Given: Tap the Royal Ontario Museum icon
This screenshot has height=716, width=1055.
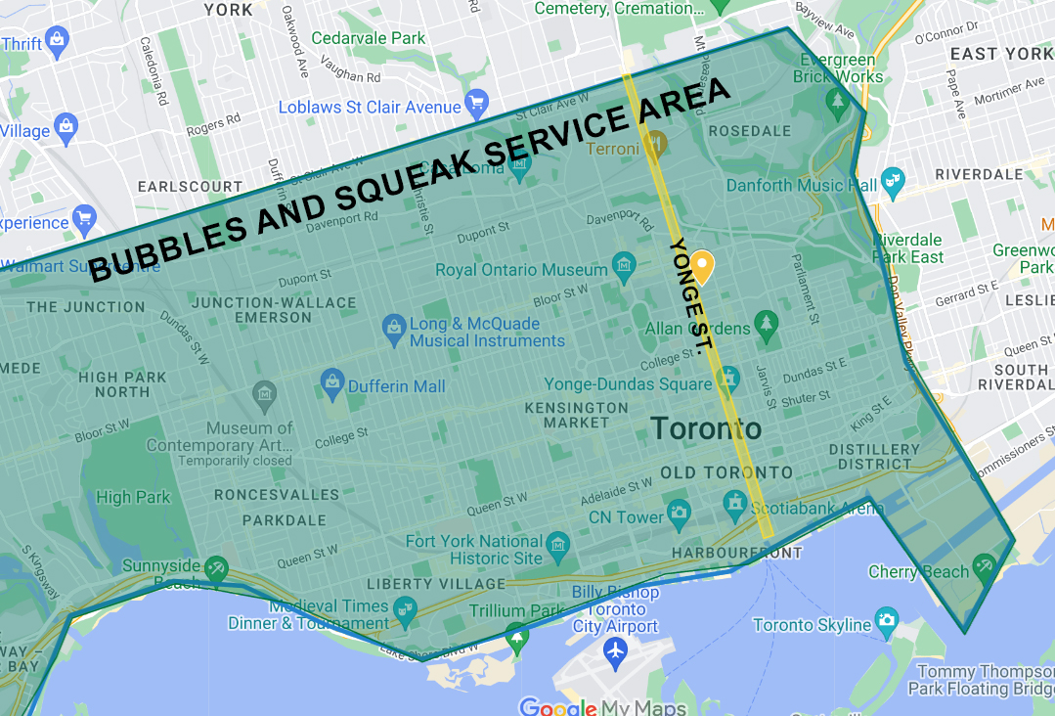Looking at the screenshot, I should tap(623, 264).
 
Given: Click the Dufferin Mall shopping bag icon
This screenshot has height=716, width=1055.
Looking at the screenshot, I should tap(331, 380).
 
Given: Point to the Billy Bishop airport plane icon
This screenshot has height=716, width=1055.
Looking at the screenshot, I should tap(615, 650).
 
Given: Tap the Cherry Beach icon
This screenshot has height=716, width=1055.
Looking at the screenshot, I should tap(984, 566).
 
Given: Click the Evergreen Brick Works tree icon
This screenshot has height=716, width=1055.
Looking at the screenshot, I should tap(836, 99).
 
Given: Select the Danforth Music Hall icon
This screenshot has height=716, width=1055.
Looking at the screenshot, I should tap(893, 179).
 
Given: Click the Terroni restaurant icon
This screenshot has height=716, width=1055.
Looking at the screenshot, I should tap(655, 143).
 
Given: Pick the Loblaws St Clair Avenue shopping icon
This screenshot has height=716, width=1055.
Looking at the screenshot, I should tap(477, 102).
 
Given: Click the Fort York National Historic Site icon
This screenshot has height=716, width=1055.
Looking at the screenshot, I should tap(558, 543).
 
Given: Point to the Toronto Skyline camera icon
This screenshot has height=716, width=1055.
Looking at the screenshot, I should tap(887, 619).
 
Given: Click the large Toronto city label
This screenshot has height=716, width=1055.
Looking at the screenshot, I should tap(705, 428).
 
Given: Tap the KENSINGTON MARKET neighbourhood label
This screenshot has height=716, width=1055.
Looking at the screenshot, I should tap(576, 415).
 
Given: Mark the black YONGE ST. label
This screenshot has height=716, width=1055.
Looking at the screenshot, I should tap(691, 293).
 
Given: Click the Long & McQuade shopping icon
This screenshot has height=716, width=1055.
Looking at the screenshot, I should tap(394, 326).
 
